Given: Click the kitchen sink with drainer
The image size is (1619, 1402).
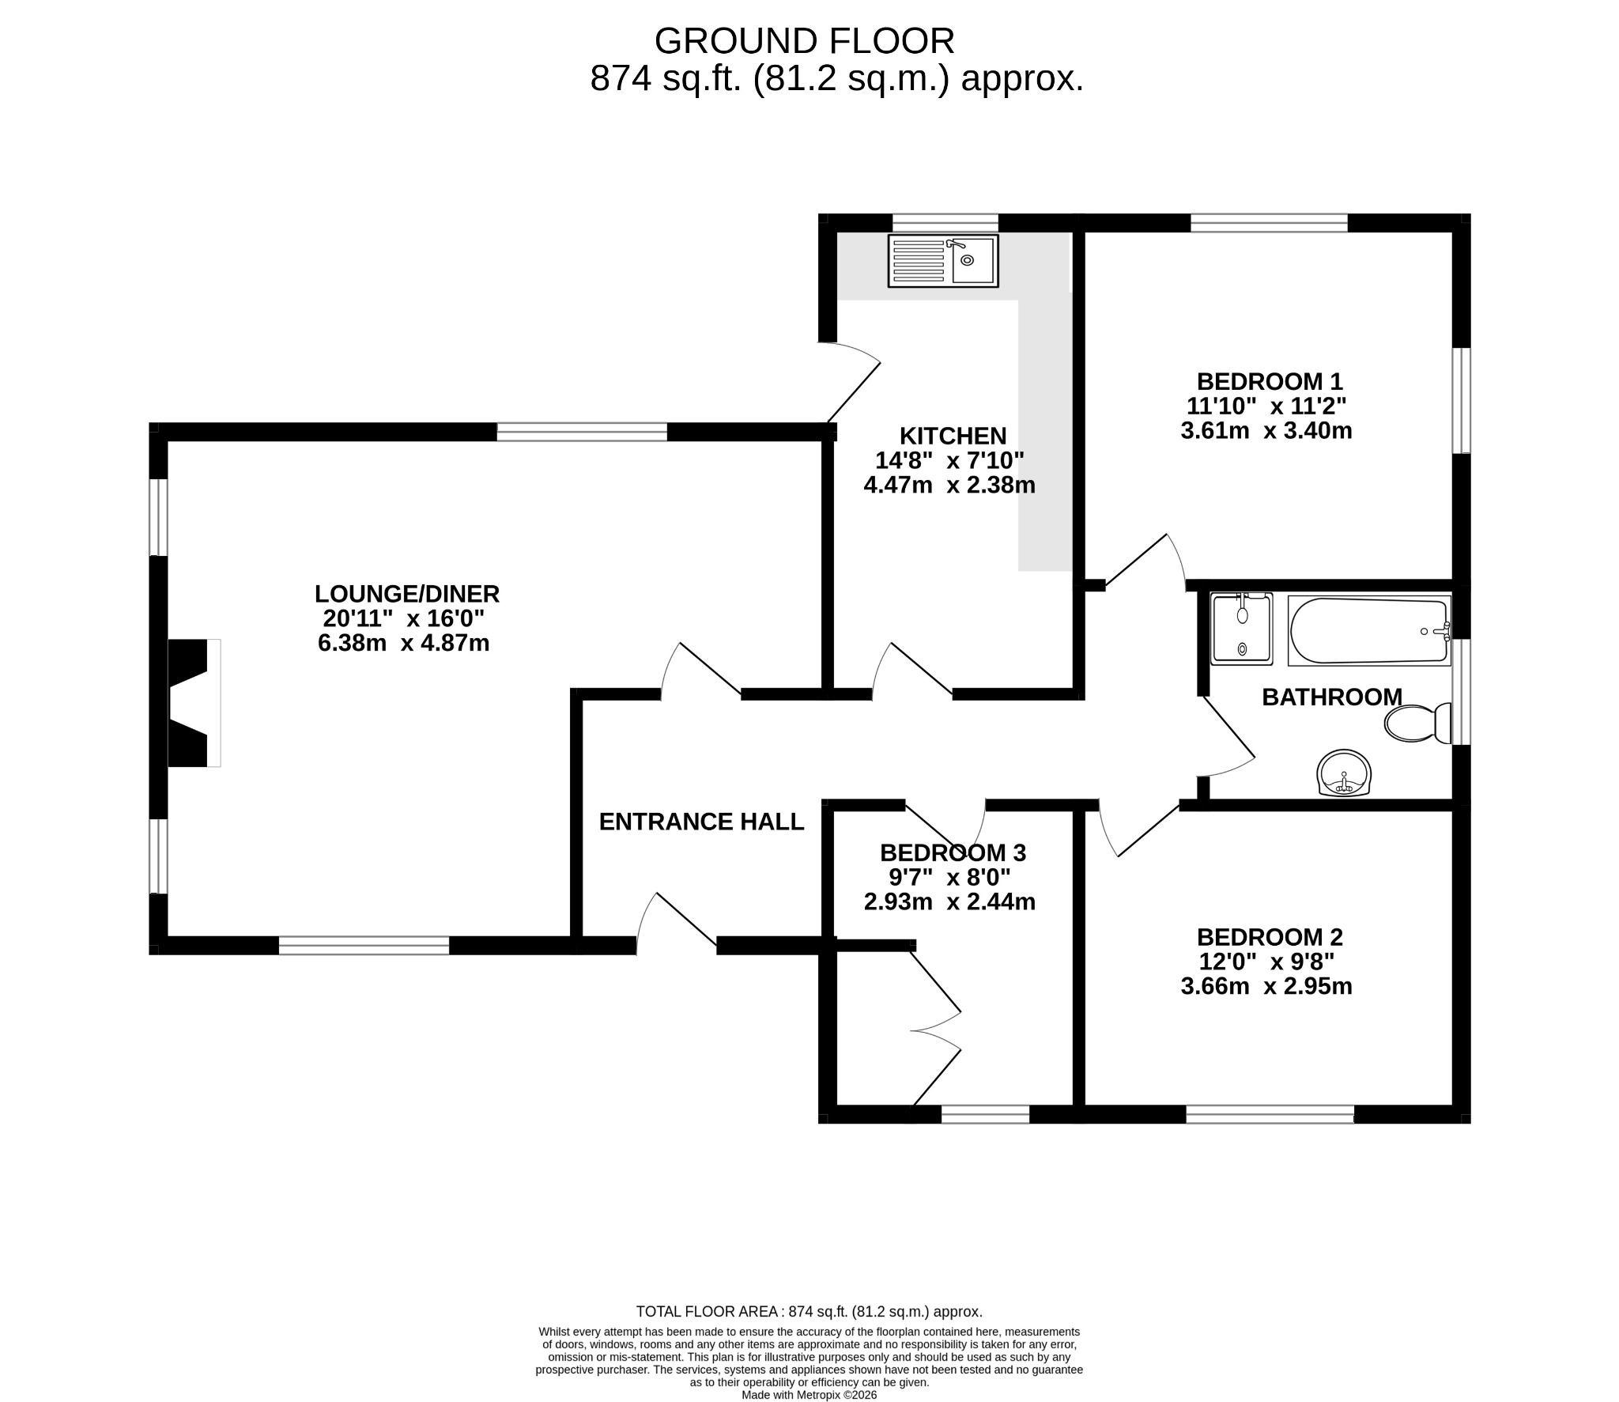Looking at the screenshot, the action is point(943,260).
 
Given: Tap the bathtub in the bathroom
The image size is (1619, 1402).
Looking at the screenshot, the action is point(1369,631).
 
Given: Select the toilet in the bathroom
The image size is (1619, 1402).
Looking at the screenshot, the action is point(1418,723).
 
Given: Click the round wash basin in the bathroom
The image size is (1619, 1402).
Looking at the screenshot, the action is point(1343,773).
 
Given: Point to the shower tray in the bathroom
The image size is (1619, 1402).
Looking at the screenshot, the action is point(1242,629).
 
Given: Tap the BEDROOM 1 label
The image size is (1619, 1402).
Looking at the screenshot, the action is point(1270,381).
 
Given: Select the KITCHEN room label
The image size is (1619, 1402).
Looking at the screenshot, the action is point(953,436).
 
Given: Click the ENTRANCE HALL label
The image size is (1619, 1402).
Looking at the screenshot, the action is point(701,822).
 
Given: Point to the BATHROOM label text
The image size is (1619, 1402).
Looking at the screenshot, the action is point(1332,697).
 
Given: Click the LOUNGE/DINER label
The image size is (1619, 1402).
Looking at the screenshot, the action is point(407,593).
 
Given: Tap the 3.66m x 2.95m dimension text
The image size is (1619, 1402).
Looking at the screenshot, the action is point(1266,986).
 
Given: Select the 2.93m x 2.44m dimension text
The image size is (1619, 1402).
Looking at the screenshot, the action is point(949,901).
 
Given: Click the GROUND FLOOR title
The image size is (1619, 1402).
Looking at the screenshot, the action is point(805,41).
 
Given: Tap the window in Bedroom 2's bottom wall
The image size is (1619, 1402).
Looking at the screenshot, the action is point(1270,1115).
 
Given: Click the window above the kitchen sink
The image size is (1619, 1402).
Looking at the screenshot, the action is point(945,222).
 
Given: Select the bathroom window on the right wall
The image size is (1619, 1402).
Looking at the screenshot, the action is point(1462,692).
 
